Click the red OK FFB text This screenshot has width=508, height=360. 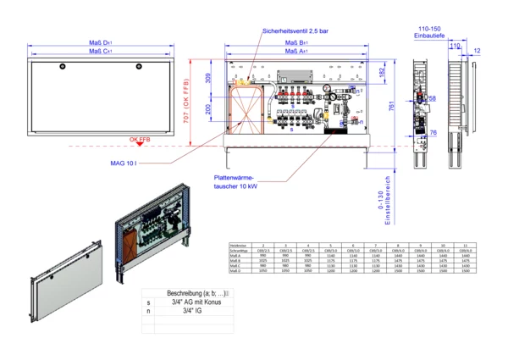point(140,138)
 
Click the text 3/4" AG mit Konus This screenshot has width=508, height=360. point(194,302)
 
